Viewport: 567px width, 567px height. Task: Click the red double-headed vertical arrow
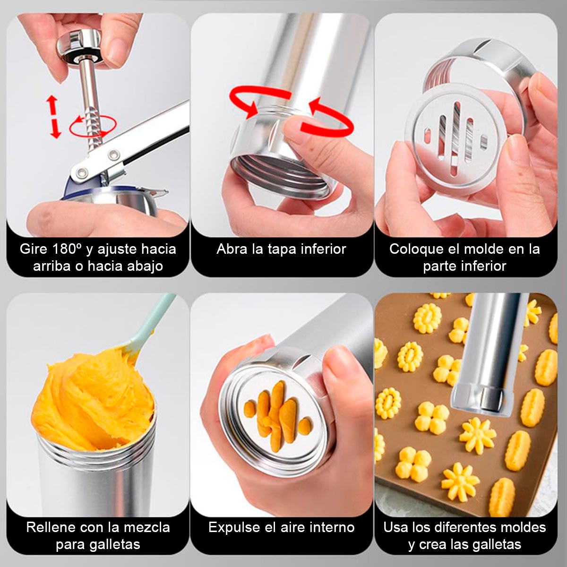point(53,117)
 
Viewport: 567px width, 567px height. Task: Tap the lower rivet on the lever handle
point(81,171)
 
